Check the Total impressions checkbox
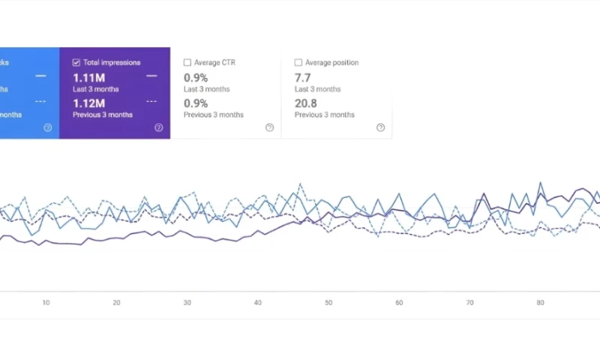(x=76, y=63)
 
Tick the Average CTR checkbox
(x=187, y=63)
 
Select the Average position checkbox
(x=298, y=63)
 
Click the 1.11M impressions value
(x=88, y=77)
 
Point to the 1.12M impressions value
(x=88, y=103)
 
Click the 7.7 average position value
(x=302, y=77)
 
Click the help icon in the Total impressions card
(x=158, y=127)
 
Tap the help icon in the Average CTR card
(x=269, y=127)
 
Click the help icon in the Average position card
(x=380, y=127)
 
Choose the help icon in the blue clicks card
(x=47, y=127)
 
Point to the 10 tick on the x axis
(x=46, y=303)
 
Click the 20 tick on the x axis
(x=116, y=303)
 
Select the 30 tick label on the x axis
(x=187, y=303)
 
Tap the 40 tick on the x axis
(x=258, y=303)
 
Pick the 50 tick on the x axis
(x=328, y=303)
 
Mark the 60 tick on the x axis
(x=399, y=303)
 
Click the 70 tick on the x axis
(x=469, y=303)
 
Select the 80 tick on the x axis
(x=540, y=303)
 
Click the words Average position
(x=333, y=63)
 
